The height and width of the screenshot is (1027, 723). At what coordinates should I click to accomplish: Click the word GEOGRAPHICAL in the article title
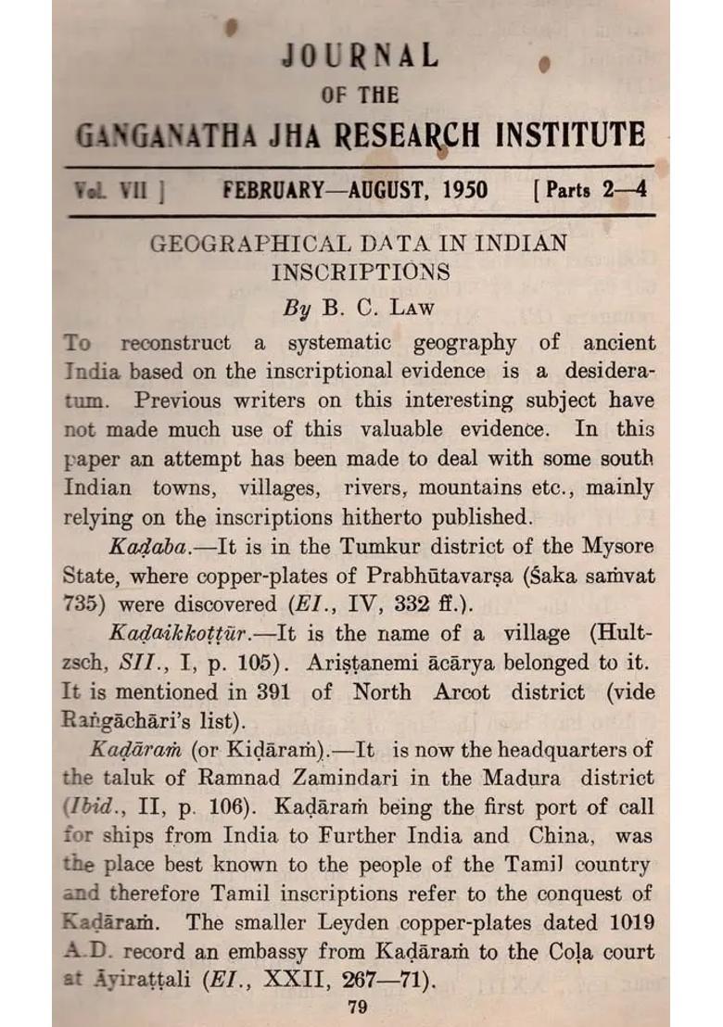pyautogui.click(x=239, y=246)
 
